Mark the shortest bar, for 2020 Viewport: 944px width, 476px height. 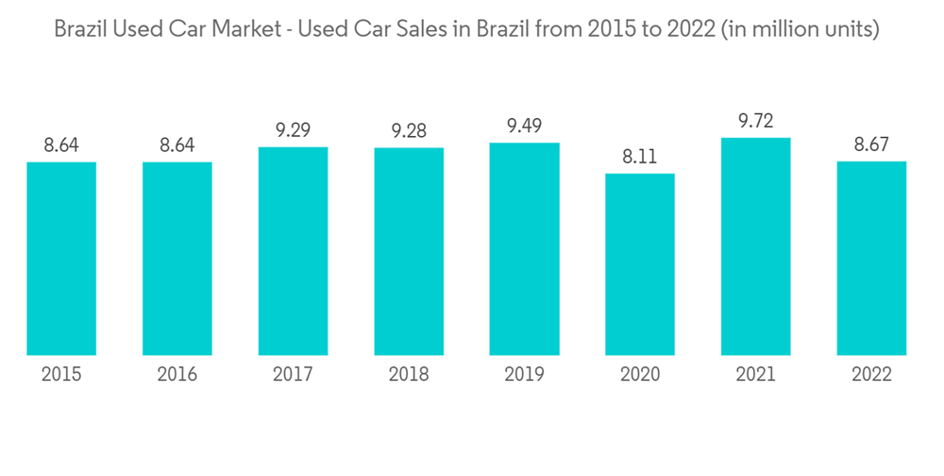point(640,264)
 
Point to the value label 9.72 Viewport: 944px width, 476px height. point(755,122)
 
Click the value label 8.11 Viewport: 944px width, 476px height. point(640,157)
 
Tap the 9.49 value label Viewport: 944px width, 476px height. point(524,127)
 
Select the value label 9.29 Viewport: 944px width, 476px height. point(293,130)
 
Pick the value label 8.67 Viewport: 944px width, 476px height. point(871,145)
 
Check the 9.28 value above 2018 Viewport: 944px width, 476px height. point(409,131)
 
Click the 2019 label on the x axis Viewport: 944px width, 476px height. point(524,375)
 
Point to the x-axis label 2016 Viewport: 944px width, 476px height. point(177,375)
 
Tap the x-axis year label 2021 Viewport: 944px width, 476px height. point(755,375)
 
